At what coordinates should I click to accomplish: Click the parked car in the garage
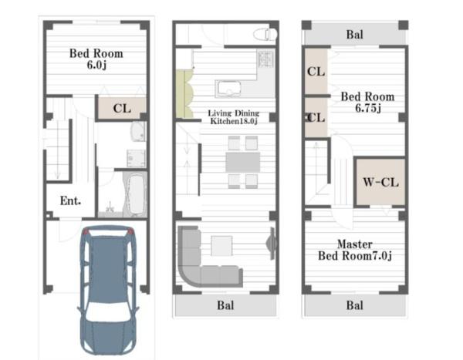(x=108, y=290)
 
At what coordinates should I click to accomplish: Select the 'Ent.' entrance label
(x=70, y=201)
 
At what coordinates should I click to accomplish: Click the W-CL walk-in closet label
(x=380, y=182)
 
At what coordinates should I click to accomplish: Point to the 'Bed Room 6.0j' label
(x=96, y=59)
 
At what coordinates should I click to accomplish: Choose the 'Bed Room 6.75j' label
(x=367, y=102)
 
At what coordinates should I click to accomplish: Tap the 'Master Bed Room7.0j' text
(x=355, y=250)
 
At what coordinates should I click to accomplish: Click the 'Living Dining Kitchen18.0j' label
(x=234, y=117)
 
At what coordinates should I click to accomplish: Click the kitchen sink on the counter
(x=229, y=89)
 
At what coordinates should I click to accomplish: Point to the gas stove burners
(x=265, y=59)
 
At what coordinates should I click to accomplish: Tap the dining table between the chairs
(x=243, y=162)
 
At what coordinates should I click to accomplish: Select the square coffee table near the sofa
(x=221, y=246)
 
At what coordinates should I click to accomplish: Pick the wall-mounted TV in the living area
(x=272, y=243)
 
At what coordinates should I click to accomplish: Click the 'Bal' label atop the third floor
(x=355, y=35)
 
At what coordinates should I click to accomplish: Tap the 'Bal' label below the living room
(x=225, y=305)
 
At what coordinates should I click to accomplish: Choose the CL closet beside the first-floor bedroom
(x=122, y=108)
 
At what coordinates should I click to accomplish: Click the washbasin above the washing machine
(x=138, y=131)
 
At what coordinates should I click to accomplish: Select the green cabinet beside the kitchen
(x=184, y=94)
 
